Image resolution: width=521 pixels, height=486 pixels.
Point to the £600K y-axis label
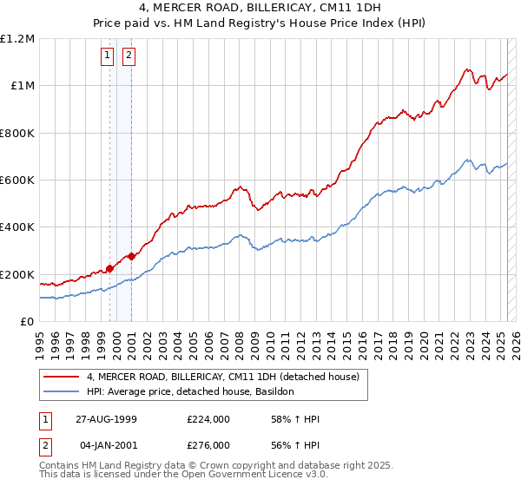point(17,181)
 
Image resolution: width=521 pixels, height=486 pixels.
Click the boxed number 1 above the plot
point(107,56)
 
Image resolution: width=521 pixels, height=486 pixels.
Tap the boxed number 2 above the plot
point(129,56)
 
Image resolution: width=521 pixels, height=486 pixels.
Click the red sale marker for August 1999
point(110,268)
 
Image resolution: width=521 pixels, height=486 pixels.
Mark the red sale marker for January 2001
point(131,256)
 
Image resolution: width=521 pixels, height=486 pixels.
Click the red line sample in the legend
point(61,377)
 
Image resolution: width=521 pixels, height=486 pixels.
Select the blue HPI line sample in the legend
point(61,392)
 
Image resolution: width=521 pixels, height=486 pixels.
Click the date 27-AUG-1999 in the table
point(107,419)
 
